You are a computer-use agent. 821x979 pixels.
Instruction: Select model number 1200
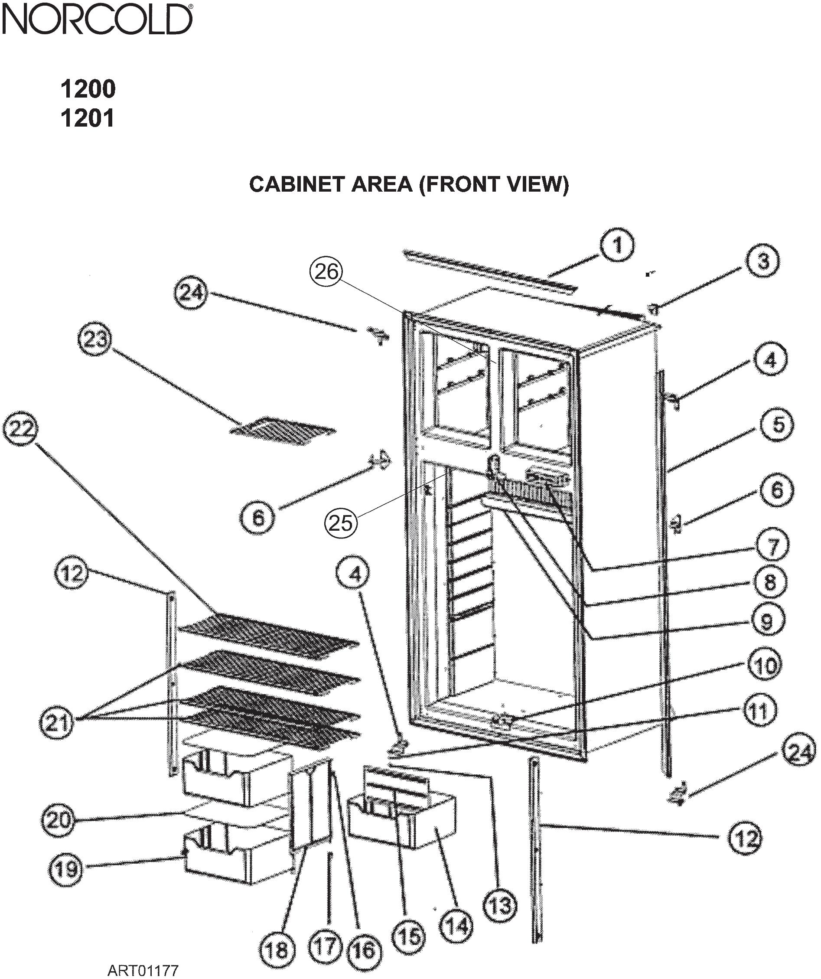[88, 89]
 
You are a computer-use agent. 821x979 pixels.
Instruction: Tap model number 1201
[87, 119]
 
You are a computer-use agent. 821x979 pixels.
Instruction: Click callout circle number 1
[617, 246]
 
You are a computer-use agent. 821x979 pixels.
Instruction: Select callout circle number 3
[763, 262]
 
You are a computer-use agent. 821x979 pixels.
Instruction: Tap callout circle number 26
[326, 272]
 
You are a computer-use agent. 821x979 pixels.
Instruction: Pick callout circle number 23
[95, 339]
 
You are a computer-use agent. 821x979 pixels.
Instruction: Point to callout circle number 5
[777, 425]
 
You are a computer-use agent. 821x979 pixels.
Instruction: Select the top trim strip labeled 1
[489, 270]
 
